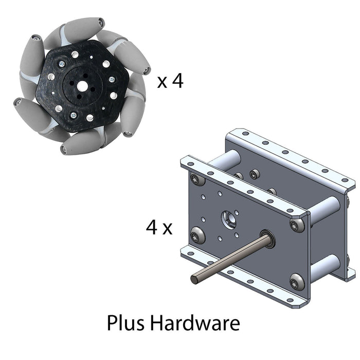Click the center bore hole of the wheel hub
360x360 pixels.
(x=82, y=85)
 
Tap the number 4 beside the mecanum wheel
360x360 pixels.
(x=177, y=81)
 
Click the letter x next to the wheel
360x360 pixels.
(x=162, y=82)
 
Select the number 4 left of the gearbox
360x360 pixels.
(x=151, y=227)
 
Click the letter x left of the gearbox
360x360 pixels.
(x=167, y=228)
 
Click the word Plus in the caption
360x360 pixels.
(x=127, y=323)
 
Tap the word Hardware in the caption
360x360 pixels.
(x=195, y=323)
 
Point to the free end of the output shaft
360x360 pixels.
(x=195, y=279)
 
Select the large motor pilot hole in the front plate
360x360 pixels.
(x=229, y=219)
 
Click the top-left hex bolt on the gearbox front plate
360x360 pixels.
(x=196, y=179)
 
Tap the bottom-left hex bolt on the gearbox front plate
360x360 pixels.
(x=197, y=237)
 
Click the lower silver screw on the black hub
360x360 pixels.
(x=73, y=115)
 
